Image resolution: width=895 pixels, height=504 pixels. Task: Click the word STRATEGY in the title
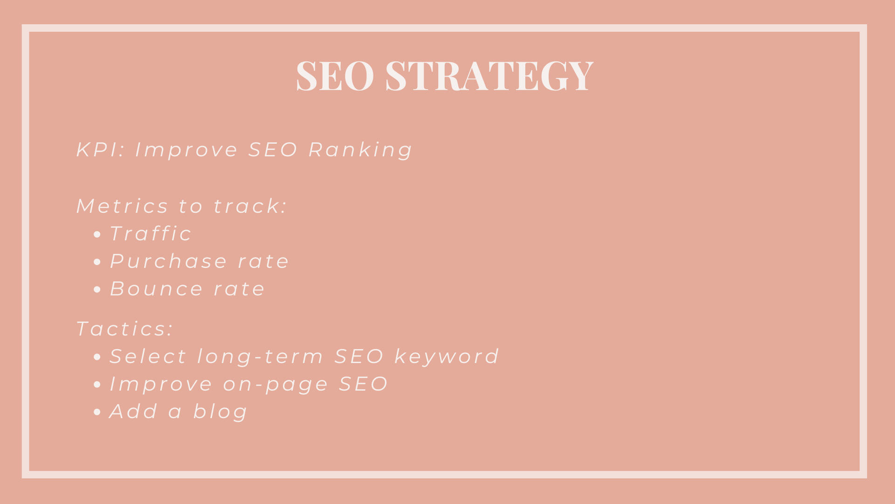coord(489,75)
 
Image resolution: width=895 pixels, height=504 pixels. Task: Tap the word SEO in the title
coord(335,75)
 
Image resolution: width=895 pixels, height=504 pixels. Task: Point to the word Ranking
coord(360,150)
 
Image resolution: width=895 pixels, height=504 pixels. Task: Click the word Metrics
coord(122,206)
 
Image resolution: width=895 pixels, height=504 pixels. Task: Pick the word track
coord(250,206)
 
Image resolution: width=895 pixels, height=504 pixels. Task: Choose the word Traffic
coord(151,233)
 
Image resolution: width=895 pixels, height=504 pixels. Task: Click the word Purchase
coord(168,261)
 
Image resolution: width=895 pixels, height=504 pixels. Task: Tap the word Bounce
coord(156,288)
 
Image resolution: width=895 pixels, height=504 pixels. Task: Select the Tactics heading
coord(124,329)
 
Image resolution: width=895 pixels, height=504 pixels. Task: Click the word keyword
coord(447,357)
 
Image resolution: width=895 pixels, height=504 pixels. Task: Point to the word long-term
coord(260,357)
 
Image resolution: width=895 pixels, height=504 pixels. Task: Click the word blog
coord(220,412)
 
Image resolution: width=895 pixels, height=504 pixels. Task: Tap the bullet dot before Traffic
coord(97,234)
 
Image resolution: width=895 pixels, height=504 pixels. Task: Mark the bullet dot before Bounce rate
coord(97,289)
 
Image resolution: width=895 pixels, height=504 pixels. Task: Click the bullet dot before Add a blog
coord(97,412)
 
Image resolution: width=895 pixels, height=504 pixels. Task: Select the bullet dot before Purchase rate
coord(97,262)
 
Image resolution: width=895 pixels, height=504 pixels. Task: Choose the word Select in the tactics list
coord(148,357)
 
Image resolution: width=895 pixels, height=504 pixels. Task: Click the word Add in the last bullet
coord(134,412)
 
